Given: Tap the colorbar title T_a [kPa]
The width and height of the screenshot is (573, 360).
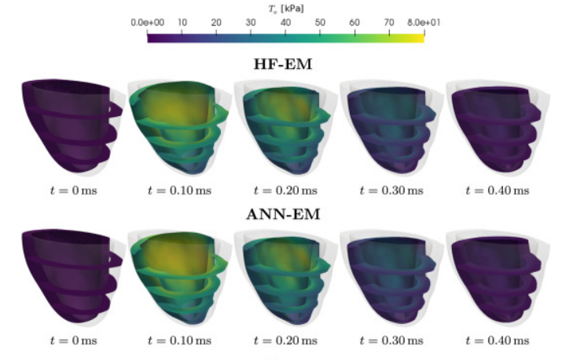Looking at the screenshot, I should point(287,7).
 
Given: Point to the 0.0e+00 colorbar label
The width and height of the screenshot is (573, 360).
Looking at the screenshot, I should point(147,23).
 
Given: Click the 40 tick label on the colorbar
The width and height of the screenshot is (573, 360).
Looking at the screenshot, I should point(285,23).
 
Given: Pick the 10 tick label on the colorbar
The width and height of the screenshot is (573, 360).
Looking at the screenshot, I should point(182,23).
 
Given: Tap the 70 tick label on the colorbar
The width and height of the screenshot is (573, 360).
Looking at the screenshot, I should point(389,23).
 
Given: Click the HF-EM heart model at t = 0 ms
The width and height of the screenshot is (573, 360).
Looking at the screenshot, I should point(71,125).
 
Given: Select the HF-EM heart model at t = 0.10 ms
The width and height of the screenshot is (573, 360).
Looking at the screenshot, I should point(177,125).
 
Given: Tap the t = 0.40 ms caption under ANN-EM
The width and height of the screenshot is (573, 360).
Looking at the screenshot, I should point(497,341).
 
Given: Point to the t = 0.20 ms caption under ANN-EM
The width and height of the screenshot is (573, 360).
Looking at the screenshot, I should point(285,341).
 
